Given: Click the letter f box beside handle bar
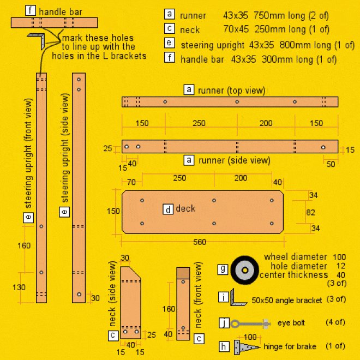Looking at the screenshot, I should [31, 10].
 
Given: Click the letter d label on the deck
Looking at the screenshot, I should [168, 209].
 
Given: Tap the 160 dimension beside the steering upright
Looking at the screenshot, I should [24, 245].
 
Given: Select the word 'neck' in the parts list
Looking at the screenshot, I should [190, 29].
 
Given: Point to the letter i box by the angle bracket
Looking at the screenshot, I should [224, 297].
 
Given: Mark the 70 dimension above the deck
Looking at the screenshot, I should [131, 182].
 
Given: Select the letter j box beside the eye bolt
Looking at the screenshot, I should [224, 322].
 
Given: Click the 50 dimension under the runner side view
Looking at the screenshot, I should [331, 164].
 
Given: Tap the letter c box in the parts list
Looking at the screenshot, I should [170, 29].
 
